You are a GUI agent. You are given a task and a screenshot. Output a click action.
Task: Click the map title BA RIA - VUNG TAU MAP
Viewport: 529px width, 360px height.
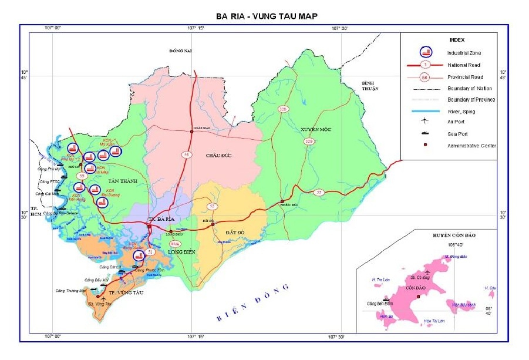point(264,16)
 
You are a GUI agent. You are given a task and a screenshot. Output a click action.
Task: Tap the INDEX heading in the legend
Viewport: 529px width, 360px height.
point(457,40)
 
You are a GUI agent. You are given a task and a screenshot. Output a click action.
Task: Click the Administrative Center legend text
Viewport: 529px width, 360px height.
point(471,145)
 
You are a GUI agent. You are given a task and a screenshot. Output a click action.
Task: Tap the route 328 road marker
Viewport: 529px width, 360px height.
point(284,109)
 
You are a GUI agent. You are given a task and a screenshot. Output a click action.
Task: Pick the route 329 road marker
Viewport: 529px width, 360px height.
point(308,142)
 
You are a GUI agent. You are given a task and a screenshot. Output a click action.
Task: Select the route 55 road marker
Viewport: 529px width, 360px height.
point(319,192)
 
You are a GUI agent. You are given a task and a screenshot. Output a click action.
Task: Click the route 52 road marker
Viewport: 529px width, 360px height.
point(211,206)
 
